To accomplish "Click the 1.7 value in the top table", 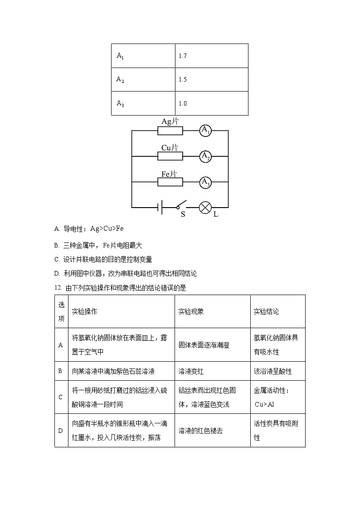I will click(x=183, y=56).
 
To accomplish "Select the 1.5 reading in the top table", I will click(x=183, y=80).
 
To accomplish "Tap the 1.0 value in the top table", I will click(x=183, y=104).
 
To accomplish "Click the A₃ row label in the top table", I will click(x=120, y=104).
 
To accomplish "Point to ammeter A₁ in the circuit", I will click(x=206, y=131).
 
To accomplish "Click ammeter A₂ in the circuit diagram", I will click(x=206, y=156).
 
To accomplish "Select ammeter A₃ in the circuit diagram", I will click(x=206, y=182).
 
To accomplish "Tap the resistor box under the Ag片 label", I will click(x=170, y=131).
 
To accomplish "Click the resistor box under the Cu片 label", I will click(x=170, y=156).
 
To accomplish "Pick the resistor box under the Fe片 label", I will click(x=170, y=182).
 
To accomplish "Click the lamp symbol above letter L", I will click(x=205, y=208).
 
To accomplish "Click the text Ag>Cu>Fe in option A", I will click(x=107, y=229).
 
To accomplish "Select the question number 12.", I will click(x=58, y=288).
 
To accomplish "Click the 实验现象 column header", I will click(x=191, y=311).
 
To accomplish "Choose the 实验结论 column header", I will click(x=266, y=311).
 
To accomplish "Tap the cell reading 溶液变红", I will click(x=191, y=371).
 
